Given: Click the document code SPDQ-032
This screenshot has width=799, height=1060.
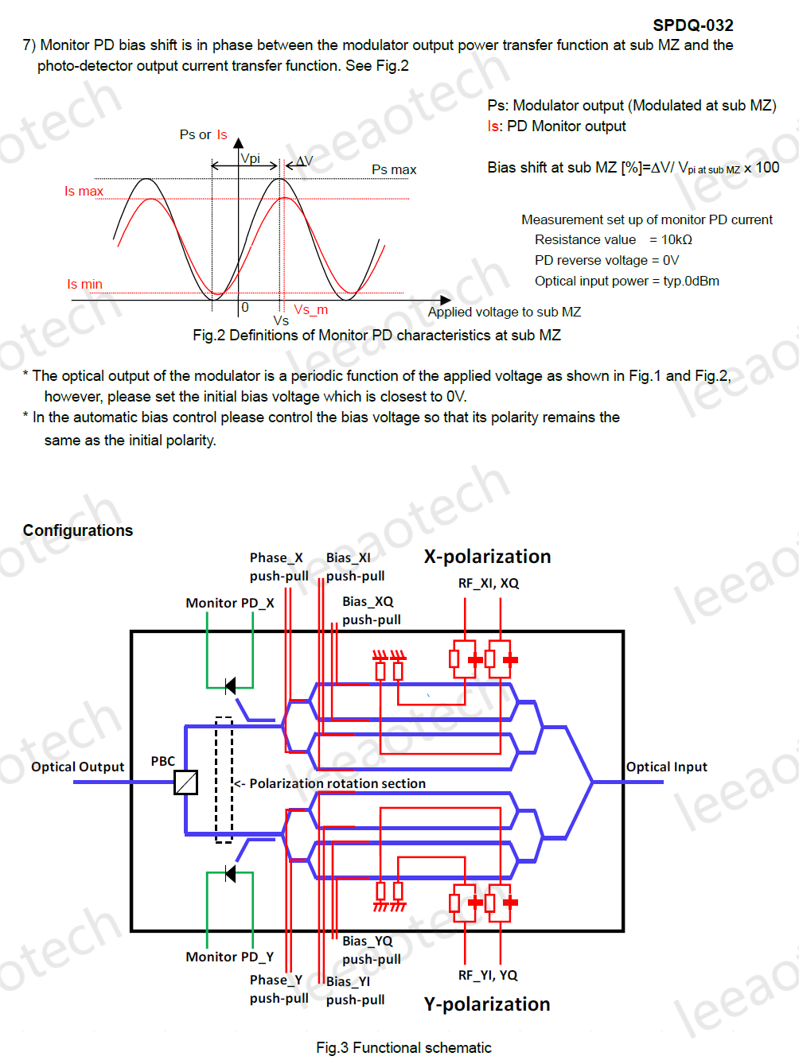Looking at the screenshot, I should coord(692,25).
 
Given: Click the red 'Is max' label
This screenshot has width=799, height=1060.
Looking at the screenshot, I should coord(84,192).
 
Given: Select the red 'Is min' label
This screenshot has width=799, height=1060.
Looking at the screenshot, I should coord(84,285).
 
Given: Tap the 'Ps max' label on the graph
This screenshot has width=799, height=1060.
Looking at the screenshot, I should coord(394,170).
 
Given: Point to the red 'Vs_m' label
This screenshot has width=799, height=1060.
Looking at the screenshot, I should coord(310,310).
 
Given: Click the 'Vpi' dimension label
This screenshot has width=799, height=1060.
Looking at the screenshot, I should coord(250,158).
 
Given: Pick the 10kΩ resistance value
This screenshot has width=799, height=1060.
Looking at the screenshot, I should coord(676,240).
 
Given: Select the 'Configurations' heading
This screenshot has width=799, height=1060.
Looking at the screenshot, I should coord(78,530).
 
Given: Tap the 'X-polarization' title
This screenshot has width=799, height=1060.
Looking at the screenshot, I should coord(487,557).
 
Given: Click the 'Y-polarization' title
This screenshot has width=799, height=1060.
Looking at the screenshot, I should coord(487,1004).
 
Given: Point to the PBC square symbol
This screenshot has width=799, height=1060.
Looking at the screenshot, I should coord(185,782).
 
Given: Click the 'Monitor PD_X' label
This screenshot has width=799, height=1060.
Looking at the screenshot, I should coord(229,603).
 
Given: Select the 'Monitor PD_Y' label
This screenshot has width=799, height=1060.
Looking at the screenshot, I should coord(229,957).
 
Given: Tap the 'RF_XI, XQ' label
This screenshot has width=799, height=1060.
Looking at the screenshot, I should coord(488,583).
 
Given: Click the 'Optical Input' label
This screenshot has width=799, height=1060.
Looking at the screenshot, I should coord(667,767).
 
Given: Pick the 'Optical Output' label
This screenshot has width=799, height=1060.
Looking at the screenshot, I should coord(78,767).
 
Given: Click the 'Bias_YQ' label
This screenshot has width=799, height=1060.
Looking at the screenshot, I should coord(368,941).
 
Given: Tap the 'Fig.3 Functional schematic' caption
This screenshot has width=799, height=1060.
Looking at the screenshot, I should coord(403,1047).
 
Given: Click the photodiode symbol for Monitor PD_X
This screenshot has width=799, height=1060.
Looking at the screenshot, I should coord(230,685).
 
